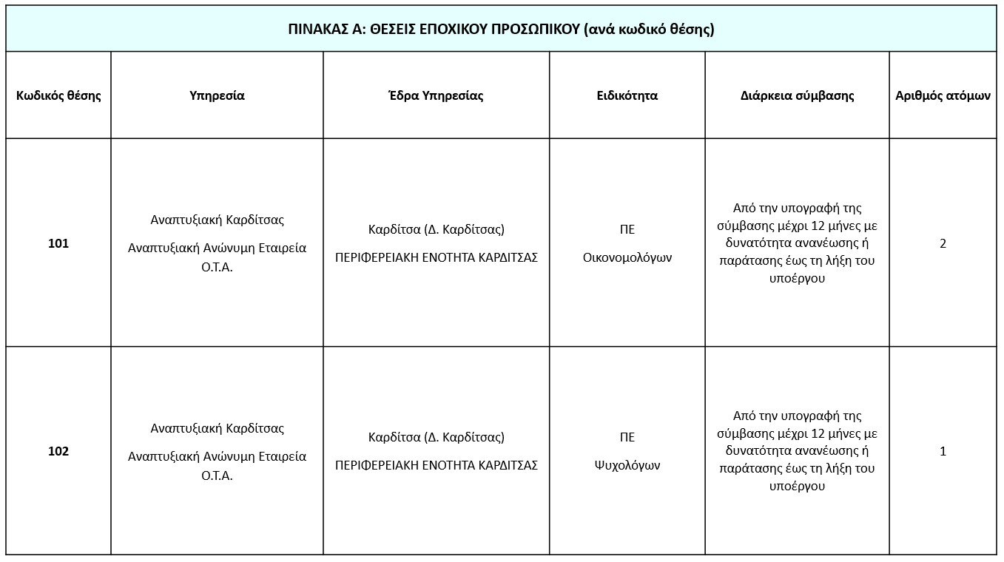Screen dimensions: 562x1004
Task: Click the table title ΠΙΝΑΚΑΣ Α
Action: coord(501,30)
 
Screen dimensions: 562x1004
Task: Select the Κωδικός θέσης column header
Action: coord(58,95)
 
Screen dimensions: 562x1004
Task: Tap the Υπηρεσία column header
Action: coord(217,95)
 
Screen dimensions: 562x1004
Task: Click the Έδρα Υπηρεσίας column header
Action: coord(436,95)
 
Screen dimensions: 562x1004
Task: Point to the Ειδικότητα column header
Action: coord(627,95)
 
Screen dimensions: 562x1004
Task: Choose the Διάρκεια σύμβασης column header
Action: coord(797,95)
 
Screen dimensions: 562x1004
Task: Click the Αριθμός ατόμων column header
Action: coord(943,95)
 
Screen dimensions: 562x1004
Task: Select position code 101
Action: coord(58,243)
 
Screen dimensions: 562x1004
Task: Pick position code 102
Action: coord(58,451)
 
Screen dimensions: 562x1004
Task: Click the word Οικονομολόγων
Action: coord(627,258)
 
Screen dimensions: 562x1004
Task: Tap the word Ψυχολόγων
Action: coord(627,466)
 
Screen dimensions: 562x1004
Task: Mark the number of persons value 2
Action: coord(943,243)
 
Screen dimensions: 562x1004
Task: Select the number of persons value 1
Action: coord(943,451)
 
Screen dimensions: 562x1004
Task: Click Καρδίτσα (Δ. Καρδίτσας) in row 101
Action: coord(436,229)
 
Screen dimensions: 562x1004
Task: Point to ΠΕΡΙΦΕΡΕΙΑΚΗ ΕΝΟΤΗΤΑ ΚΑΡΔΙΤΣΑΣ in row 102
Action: coord(436,466)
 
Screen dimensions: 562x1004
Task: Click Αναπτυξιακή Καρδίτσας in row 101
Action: coord(217,220)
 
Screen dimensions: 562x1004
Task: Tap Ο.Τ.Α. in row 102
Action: coord(217,475)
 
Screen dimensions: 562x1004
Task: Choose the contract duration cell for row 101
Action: coord(797,243)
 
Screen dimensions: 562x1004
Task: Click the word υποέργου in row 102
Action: coord(797,487)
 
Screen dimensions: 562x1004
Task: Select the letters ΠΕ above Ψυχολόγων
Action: coord(627,437)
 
